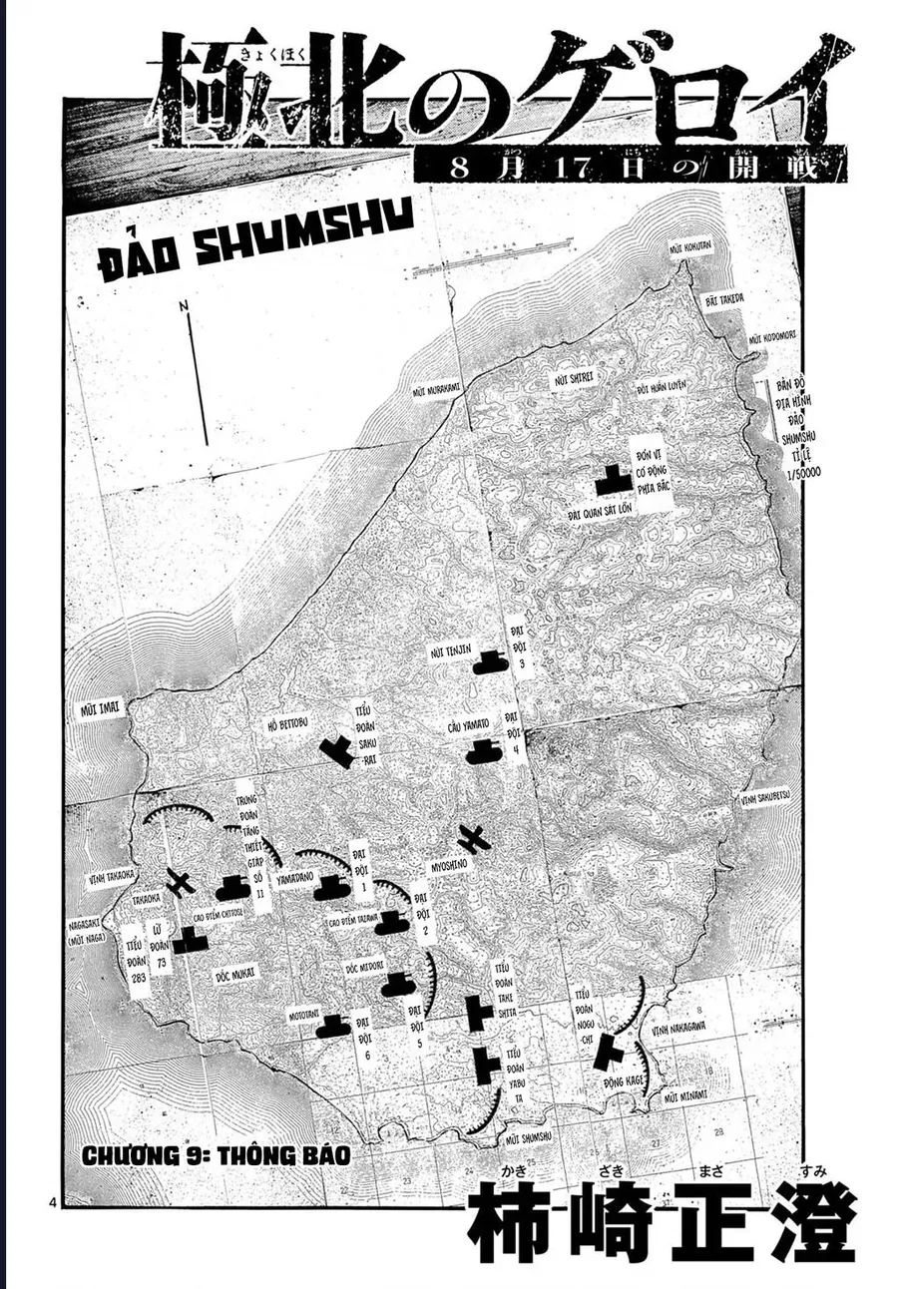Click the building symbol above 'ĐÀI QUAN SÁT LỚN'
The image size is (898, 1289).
612,481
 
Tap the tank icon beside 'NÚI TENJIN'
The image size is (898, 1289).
490,661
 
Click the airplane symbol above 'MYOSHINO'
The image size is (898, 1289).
474,839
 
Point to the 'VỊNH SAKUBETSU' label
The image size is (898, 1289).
765,798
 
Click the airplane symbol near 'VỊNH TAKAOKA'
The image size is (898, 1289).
181,883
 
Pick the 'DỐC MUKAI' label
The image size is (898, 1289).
235,972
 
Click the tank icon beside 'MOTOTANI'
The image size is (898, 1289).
332,1025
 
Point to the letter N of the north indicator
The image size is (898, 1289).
185,306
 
